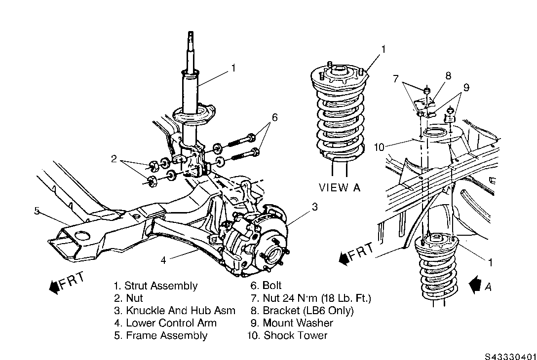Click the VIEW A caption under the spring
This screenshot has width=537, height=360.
pos(340,187)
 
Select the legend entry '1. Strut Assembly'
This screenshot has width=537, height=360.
pos(155,286)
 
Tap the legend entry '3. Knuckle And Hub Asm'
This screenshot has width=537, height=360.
pos(174,311)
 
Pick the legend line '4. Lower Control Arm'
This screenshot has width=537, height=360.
pos(165,323)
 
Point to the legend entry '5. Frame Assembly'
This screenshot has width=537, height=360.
pos(160,336)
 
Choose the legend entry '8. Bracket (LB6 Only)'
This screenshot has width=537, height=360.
pos(302,311)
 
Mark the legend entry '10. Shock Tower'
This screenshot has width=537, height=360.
pos(288,336)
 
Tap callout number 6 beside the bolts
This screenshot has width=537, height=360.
pos(274,117)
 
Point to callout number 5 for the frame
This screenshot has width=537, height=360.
pos(37,211)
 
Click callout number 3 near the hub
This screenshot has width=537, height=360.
pos(314,207)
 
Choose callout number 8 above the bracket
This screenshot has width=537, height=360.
pos(448,75)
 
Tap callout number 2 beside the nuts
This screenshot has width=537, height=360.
pos(114,159)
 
